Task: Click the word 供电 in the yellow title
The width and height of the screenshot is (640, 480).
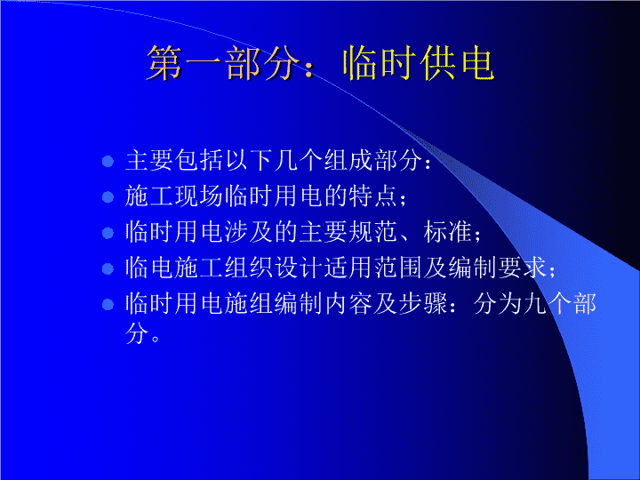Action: [457, 63]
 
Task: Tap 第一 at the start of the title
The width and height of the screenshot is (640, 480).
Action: [185, 63]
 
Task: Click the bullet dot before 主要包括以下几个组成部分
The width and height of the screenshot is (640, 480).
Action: [108, 161]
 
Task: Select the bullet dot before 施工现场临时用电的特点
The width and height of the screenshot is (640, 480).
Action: [108, 197]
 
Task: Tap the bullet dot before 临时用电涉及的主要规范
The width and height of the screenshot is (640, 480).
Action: [108, 233]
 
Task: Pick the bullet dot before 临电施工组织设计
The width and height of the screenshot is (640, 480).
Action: [108, 268]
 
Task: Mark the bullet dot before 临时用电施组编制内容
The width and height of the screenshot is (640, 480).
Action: [108, 304]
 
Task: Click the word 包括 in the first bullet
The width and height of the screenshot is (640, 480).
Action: [200, 160]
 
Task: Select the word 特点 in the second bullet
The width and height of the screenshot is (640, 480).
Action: [373, 196]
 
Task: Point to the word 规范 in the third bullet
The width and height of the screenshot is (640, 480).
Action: [373, 231]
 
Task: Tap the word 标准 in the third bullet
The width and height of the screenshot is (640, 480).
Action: [448, 231]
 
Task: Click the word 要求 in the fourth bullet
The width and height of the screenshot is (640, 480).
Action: [522, 268]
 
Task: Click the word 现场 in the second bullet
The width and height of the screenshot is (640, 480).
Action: [200, 196]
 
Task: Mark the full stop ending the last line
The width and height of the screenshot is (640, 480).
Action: [155, 339]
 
